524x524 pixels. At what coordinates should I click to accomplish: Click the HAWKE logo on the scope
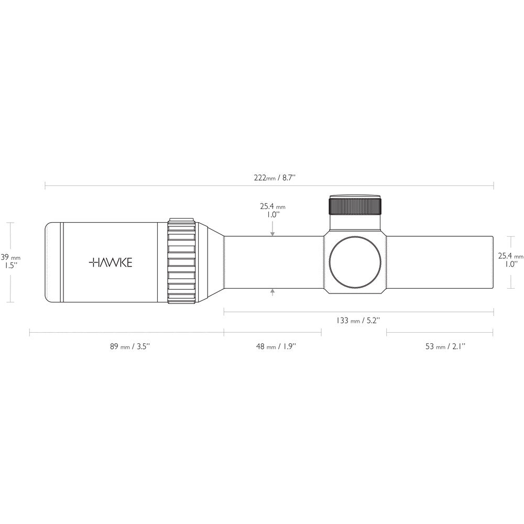coord(111,263)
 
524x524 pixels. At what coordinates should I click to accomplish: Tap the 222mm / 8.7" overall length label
coord(275,178)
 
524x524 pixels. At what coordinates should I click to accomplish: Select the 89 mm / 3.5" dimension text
coord(130,346)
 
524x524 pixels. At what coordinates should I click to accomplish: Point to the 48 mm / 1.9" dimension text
coord(276,346)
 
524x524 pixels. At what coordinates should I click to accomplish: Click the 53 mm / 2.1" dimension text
coord(445,346)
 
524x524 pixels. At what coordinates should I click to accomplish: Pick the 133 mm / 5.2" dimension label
coord(358,320)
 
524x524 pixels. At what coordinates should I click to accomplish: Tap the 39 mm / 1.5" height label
coord(10,261)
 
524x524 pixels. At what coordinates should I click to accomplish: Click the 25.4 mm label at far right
coord(510,260)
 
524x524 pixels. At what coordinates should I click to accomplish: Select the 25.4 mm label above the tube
coord(272,211)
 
